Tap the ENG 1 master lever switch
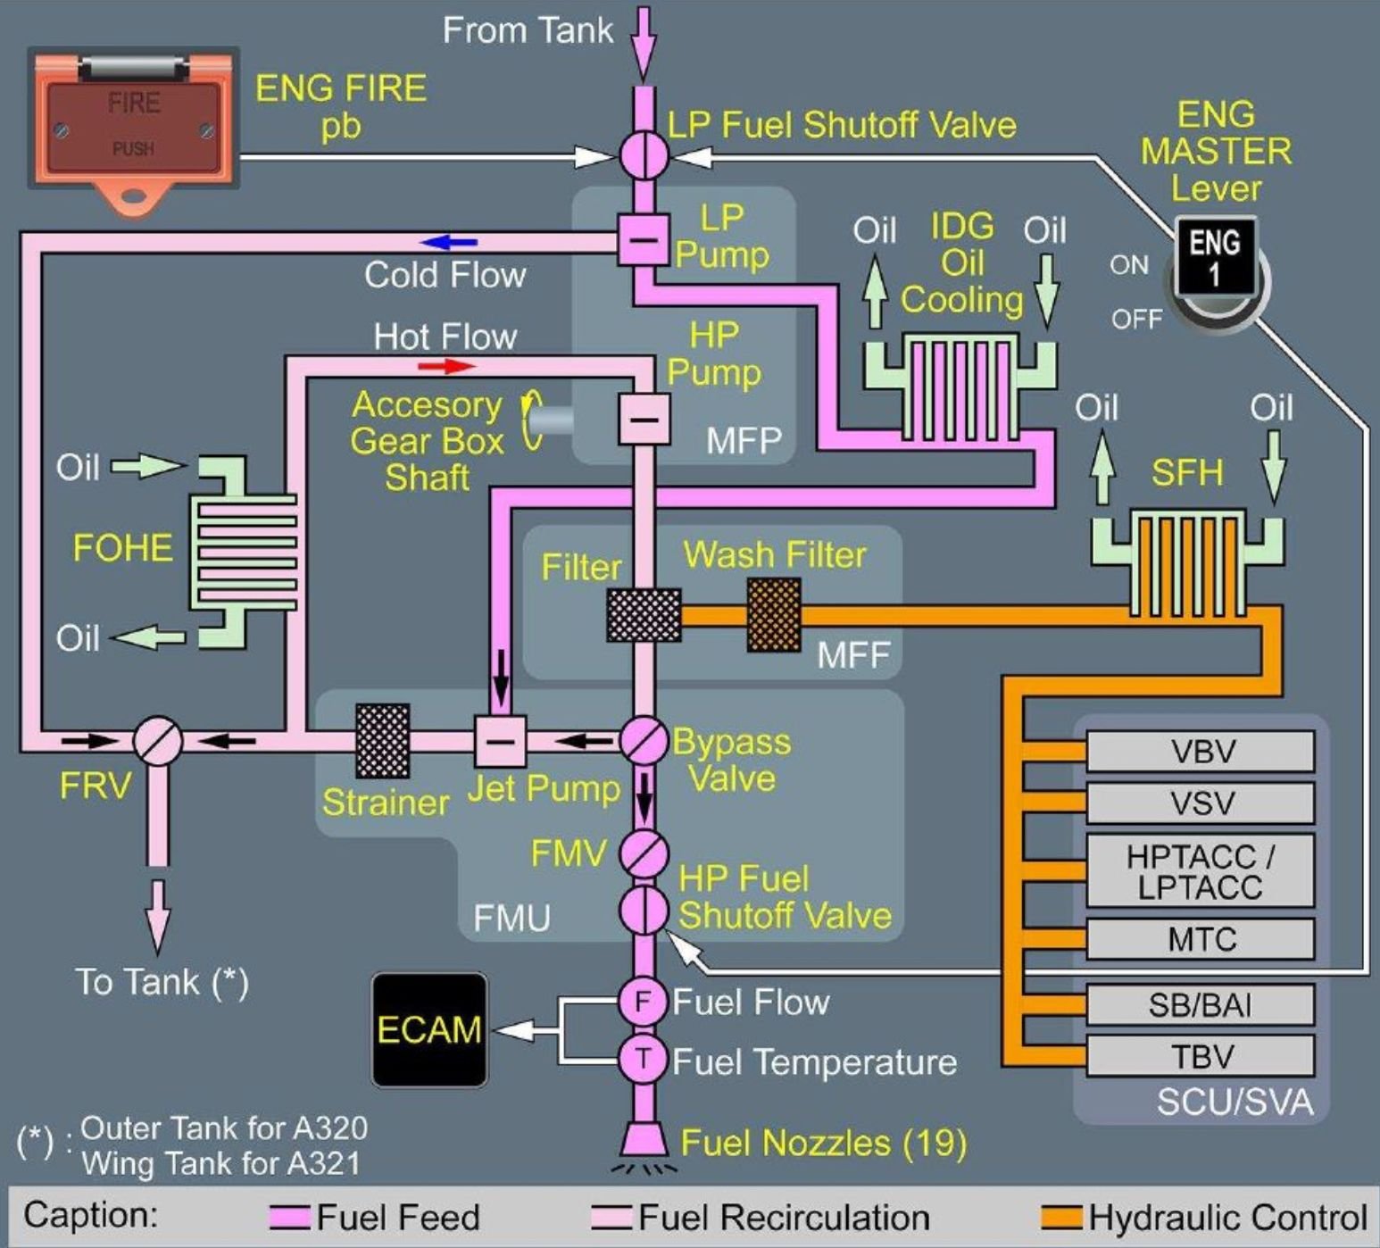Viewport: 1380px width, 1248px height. click(x=1215, y=259)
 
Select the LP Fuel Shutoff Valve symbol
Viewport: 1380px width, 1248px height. click(x=644, y=155)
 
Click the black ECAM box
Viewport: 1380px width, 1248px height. click(x=429, y=1029)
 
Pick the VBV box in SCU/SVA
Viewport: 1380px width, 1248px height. click(x=1200, y=752)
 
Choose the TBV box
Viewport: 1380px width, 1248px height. click(x=1200, y=1056)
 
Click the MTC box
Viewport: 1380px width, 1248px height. click(x=1200, y=939)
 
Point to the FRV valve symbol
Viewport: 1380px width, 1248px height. click(x=158, y=741)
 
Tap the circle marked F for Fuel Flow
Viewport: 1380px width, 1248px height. click(x=643, y=1002)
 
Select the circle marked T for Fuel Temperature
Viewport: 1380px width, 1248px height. click(x=643, y=1060)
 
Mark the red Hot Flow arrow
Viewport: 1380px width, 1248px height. click(x=447, y=366)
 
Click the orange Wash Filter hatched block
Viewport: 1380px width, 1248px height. click(x=773, y=614)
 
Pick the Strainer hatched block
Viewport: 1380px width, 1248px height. click(x=383, y=740)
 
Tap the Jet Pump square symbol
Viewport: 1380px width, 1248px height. click(x=500, y=741)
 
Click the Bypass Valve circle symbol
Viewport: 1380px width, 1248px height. click(x=644, y=740)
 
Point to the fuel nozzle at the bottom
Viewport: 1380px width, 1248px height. click(x=643, y=1141)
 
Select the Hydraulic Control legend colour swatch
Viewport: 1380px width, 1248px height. click(x=1061, y=1218)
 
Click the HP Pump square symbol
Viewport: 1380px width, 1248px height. click(x=644, y=419)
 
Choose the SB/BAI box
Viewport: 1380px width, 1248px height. click(x=1200, y=1005)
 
